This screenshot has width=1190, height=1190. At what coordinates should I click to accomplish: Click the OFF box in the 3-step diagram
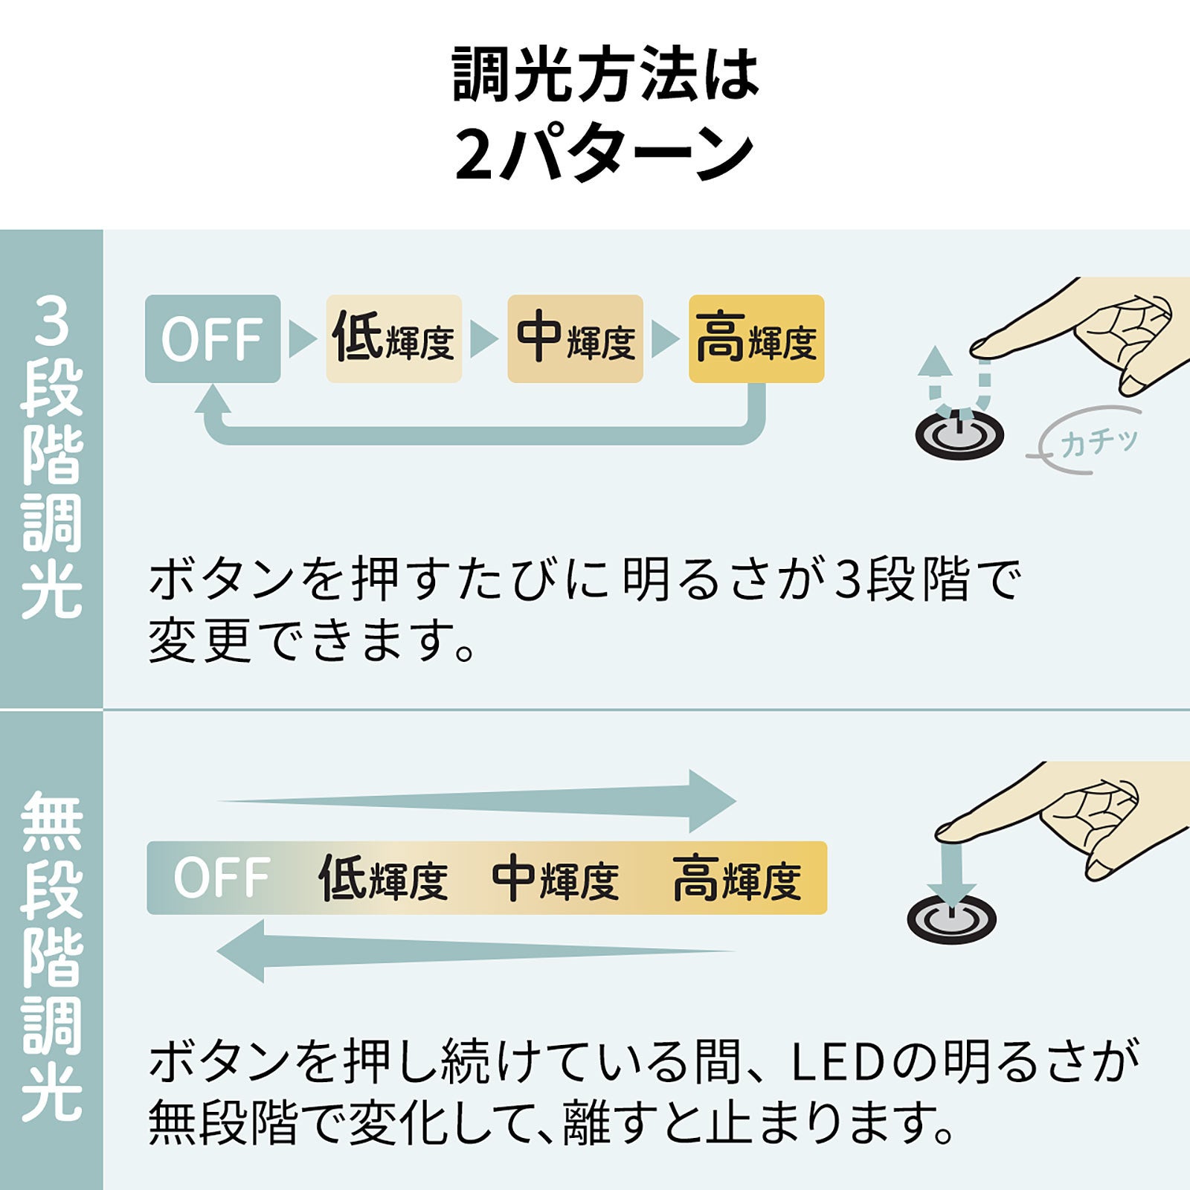tap(212, 339)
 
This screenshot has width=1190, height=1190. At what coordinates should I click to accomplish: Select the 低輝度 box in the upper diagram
tap(393, 339)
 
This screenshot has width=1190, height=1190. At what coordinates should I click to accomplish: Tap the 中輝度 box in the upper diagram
tap(575, 339)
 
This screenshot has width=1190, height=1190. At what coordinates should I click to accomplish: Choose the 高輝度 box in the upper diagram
tap(756, 339)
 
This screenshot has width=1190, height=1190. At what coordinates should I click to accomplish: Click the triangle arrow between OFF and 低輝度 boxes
tap(301, 339)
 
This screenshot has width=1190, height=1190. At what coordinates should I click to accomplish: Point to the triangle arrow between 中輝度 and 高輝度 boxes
tap(664, 339)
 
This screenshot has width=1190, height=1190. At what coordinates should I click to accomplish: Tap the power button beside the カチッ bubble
tap(959, 437)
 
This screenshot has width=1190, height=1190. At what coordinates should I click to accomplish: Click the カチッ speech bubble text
tap(1099, 443)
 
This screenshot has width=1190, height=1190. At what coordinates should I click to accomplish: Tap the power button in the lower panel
tap(951, 919)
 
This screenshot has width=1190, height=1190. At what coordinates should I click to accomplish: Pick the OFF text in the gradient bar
tap(221, 878)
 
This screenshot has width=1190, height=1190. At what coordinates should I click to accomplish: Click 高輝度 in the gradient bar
tap(736, 879)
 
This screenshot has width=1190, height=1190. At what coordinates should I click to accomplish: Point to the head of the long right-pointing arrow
tap(710, 801)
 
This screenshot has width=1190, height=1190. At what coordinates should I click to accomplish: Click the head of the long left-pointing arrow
tap(242, 951)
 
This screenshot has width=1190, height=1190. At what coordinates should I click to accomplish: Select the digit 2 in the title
tap(474, 155)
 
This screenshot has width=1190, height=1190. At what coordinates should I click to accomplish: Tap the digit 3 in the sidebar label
tap(51, 321)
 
